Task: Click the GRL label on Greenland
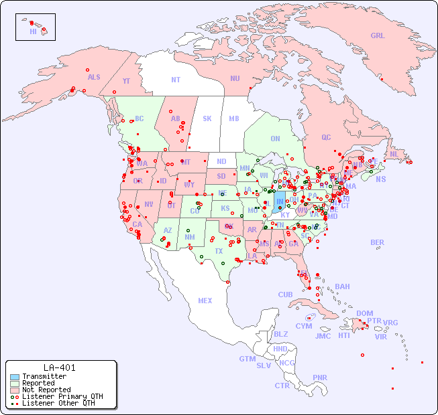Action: click(378, 35)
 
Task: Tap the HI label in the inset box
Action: click(33, 31)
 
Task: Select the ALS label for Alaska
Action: click(94, 77)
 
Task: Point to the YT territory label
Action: click(126, 80)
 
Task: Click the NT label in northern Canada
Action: click(175, 79)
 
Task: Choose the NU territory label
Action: click(235, 78)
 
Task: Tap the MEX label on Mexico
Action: click(205, 301)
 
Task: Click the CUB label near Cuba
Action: click(285, 295)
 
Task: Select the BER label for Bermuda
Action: click(377, 242)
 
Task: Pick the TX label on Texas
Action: click(219, 251)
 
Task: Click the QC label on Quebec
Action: click(326, 137)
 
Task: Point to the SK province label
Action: click(207, 118)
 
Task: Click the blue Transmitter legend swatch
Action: click(14, 376)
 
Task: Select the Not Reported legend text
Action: click(46, 390)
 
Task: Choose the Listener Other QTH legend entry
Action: click(53, 403)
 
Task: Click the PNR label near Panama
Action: click(320, 378)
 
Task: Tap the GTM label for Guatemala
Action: click(247, 358)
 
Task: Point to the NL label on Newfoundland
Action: click(394, 153)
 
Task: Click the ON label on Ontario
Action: click(275, 139)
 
